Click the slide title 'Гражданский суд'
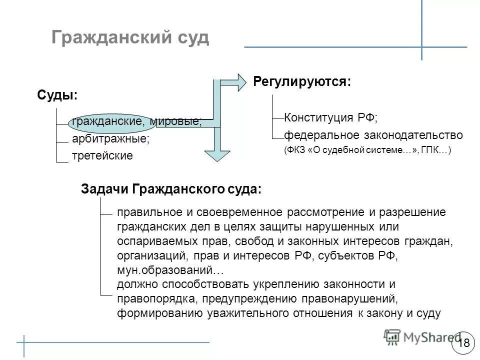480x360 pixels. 130,38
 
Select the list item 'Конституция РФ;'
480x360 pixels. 331,118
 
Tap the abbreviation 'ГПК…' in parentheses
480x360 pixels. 438,149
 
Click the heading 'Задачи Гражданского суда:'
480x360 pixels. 171,189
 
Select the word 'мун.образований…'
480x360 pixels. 170,270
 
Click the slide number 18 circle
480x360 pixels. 463,342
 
